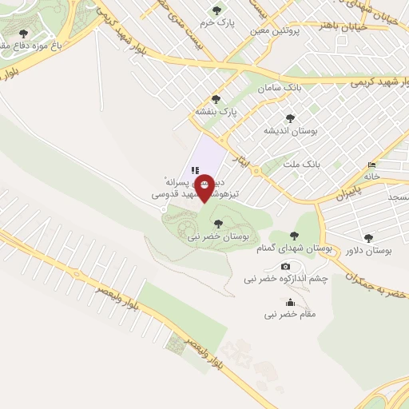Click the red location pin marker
(204, 187)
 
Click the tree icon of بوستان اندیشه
(290, 117)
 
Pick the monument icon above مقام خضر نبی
(289, 303)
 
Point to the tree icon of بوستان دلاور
(368, 237)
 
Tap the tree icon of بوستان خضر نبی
(218, 224)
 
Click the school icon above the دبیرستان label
(194, 169)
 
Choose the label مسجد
(397, 196)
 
